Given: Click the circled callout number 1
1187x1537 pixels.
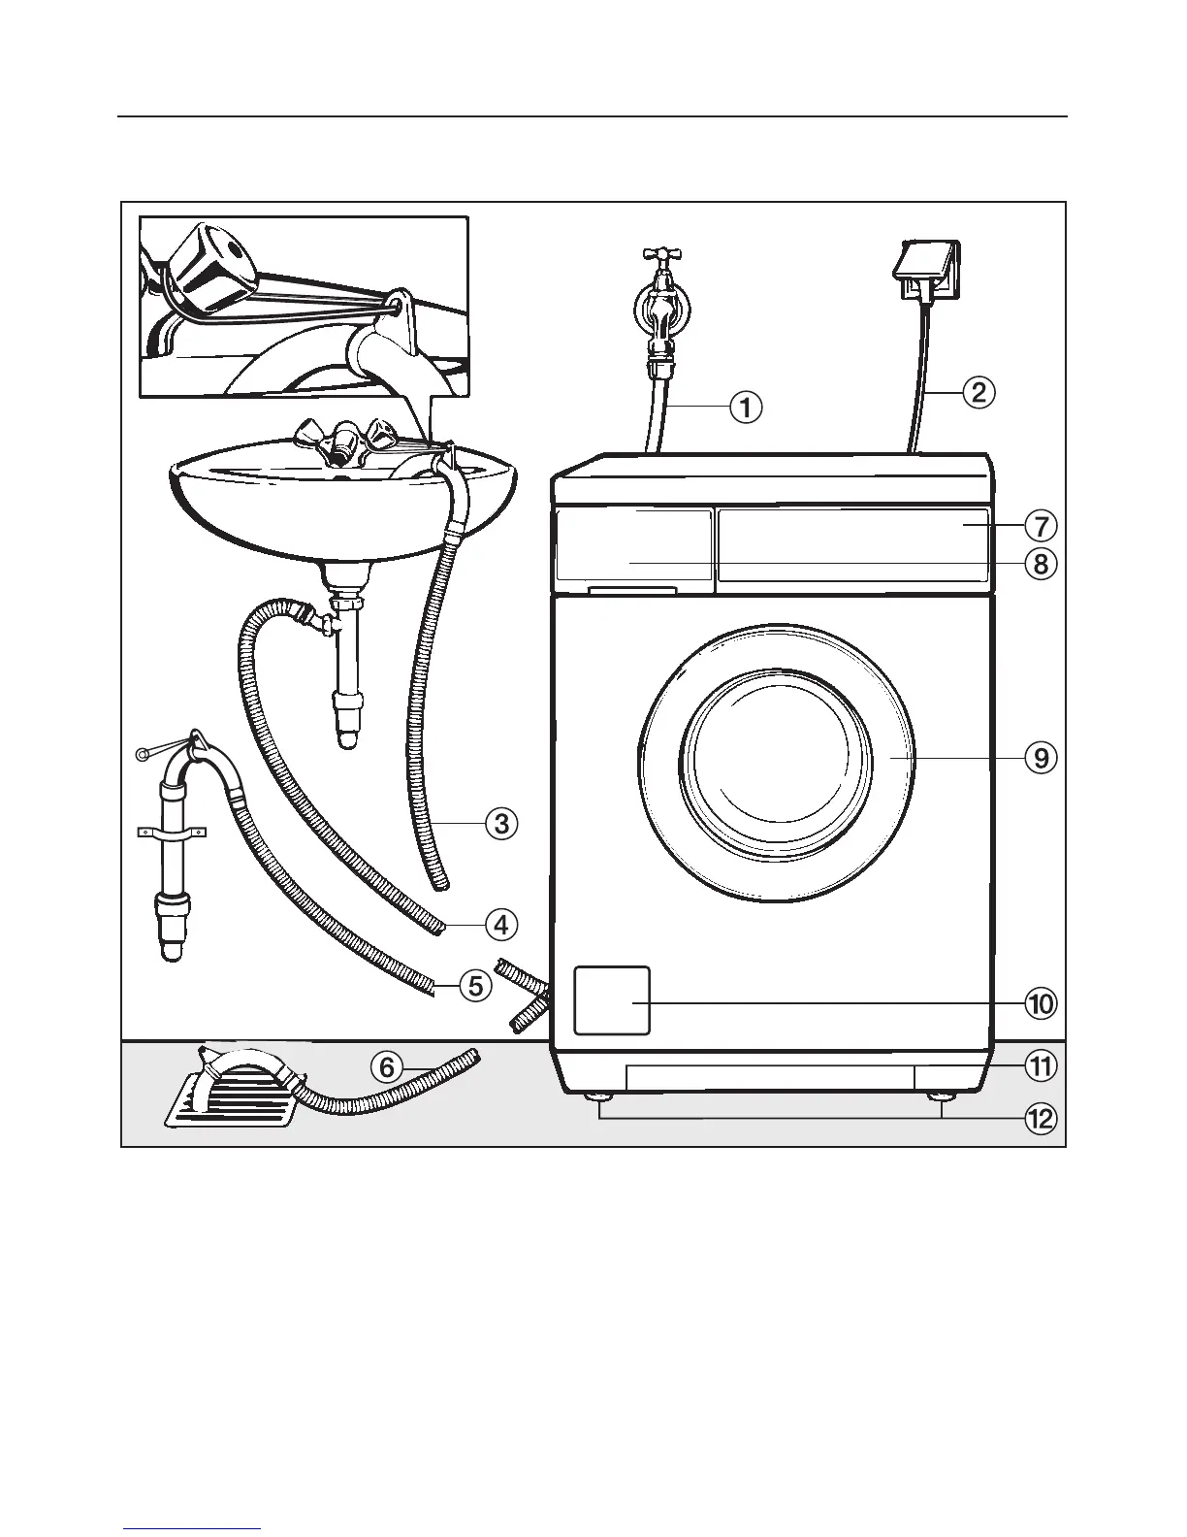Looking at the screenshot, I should (x=746, y=408).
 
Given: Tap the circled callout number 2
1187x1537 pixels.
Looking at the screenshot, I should (x=978, y=392).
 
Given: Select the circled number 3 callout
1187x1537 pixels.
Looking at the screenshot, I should (x=500, y=824).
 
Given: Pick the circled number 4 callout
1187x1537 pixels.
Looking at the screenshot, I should (x=500, y=925).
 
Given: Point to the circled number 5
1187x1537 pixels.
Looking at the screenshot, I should (x=474, y=987).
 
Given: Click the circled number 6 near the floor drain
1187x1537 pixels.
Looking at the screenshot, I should (x=386, y=1067).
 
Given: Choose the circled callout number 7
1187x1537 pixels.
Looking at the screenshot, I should (x=1040, y=526).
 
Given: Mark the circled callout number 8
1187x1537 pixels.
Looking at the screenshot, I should (x=1040, y=563).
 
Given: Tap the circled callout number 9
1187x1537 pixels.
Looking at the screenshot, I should (x=1040, y=757).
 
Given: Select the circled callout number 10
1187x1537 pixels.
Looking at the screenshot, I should (x=1040, y=1003).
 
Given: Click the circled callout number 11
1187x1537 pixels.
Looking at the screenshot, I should (x=1040, y=1067).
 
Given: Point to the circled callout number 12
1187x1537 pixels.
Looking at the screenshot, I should (x=1040, y=1119).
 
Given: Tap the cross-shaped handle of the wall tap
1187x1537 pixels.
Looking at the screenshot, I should (x=661, y=259).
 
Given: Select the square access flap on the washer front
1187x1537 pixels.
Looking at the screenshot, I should (x=612, y=1000).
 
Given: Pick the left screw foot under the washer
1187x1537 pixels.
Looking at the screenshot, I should (x=599, y=1097).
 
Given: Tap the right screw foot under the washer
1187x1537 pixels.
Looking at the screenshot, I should (x=940, y=1097).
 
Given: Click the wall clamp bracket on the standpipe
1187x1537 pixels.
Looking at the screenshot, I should (x=171, y=832).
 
